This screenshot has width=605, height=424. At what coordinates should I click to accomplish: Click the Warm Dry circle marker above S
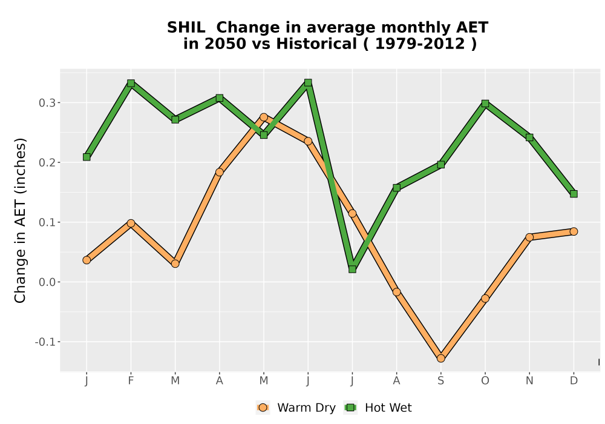click(440, 359)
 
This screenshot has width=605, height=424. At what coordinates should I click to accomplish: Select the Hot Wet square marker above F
click(131, 83)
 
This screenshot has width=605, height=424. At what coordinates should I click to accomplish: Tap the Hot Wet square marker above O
click(485, 104)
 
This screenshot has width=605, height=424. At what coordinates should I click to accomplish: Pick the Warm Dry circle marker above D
click(574, 231)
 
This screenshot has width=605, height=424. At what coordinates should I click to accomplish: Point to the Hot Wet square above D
click(574, 194)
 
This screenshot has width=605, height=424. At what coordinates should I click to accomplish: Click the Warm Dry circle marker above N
click(529, 237)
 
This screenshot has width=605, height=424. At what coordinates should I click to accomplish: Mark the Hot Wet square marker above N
click(529, 137)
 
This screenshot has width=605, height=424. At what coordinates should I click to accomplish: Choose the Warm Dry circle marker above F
click(131, 223)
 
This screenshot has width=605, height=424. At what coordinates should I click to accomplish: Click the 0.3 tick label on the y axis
click(47, 103)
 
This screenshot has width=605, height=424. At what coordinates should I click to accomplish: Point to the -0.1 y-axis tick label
click(45, 342)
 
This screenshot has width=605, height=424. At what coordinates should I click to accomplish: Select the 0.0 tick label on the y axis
click(47, 282)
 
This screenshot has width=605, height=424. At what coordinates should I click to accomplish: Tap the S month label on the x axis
click(440, 381)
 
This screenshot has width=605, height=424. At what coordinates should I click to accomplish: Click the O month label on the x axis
click(485, 381)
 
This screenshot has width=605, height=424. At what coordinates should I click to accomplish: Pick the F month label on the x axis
click(131, 381)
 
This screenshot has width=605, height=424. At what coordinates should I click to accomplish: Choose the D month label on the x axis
click(574, 381)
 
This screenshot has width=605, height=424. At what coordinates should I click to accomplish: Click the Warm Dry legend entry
click(296, 408)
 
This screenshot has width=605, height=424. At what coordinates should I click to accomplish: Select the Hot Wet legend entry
click(378, 408)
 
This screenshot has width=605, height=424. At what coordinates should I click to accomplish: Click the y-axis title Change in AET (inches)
click(20, 220)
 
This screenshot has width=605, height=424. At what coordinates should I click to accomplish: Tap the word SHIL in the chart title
click(186, 28)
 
